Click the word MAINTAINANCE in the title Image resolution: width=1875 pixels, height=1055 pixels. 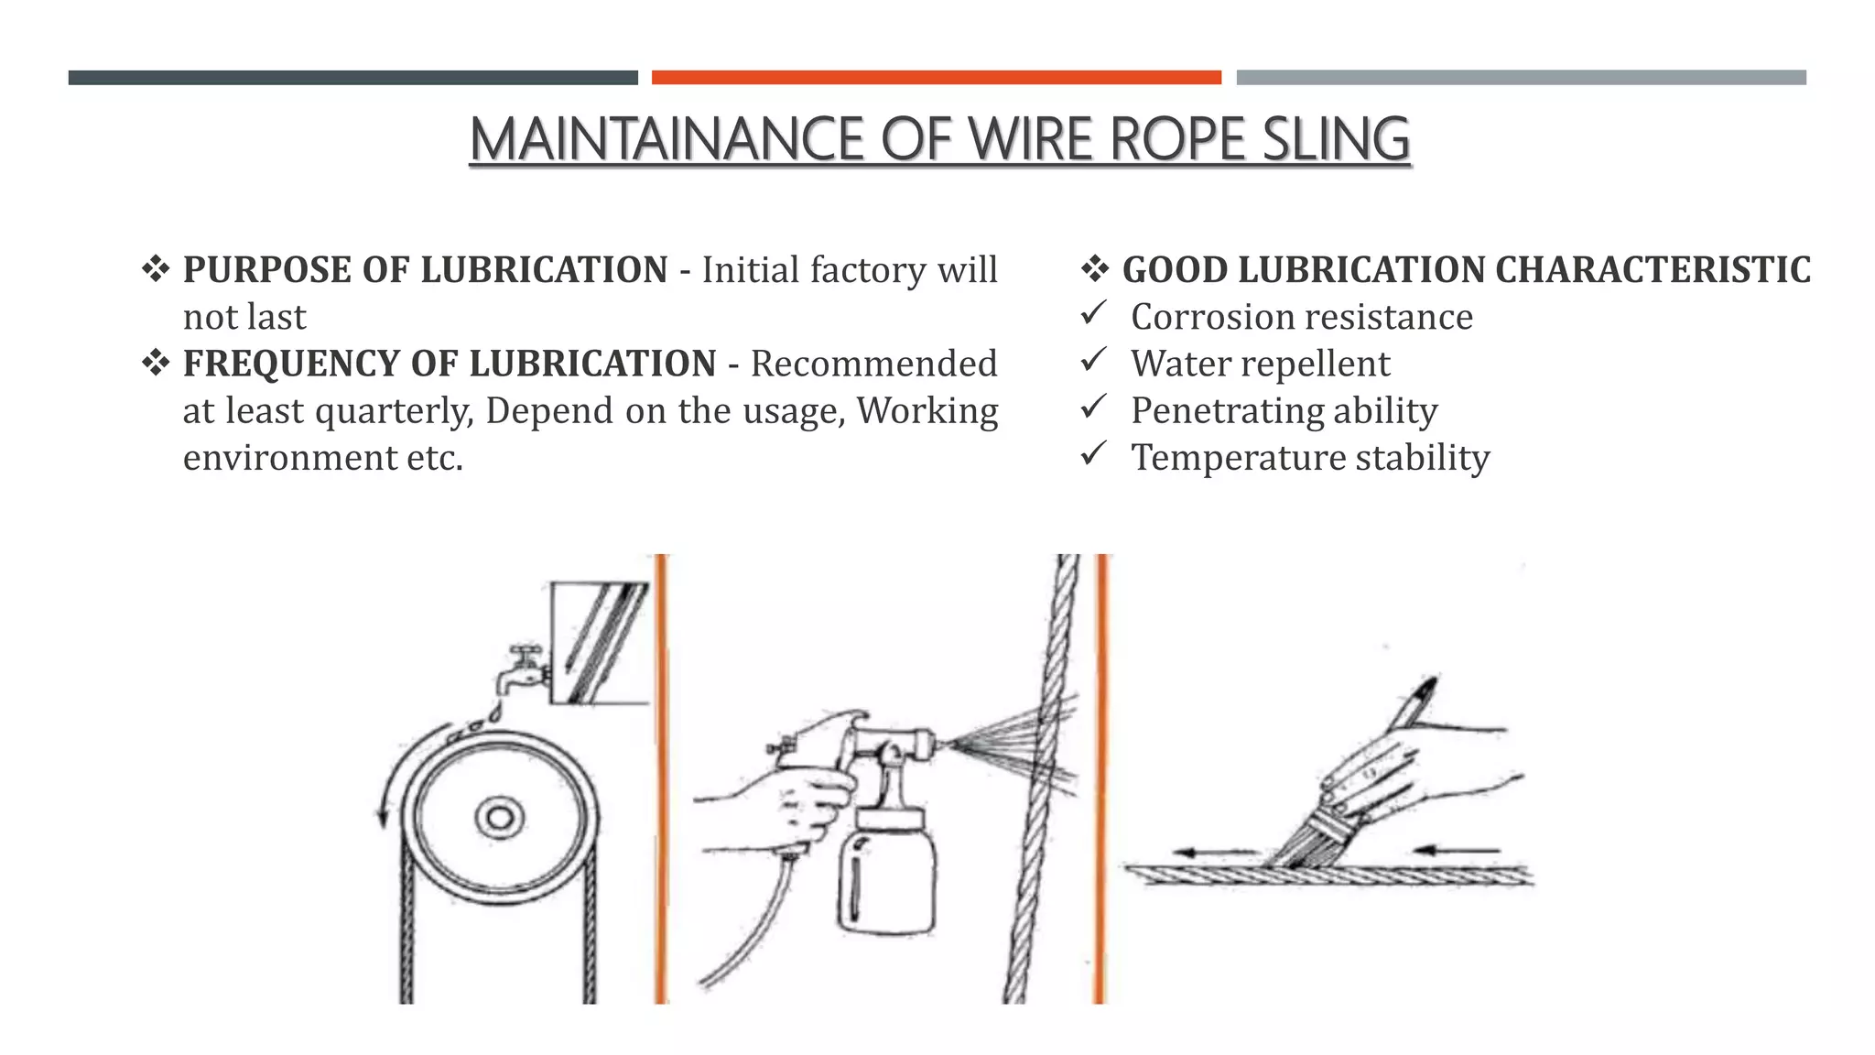[x=667, y=139]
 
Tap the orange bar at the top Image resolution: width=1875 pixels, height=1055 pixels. [x=936, y=78]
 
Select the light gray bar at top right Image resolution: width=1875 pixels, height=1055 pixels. [x=1521, y=78]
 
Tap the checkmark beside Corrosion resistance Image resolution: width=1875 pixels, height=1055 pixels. [x=1093, y=314]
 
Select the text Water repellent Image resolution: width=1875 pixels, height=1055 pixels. [x=1260, y=364]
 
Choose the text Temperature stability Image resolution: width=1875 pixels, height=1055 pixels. [x=1309, y=458]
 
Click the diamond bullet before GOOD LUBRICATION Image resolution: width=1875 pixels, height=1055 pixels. [x=1095, y=270]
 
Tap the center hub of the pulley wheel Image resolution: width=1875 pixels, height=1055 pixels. [x=499, y=816]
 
